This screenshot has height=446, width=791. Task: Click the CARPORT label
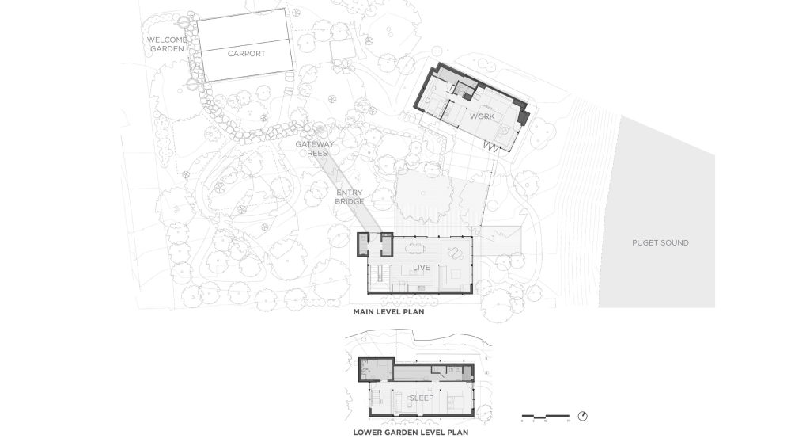click(246, 54)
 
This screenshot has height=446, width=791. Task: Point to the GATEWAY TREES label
click(315, 149)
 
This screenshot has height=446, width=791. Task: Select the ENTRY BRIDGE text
click(349, 197)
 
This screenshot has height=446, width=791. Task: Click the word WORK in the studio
click(482, 116)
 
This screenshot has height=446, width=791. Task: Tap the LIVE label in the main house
click(421, 268)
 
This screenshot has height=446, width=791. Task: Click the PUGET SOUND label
click(660, 242)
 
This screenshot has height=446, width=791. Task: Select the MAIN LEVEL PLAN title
click(388, 313)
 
